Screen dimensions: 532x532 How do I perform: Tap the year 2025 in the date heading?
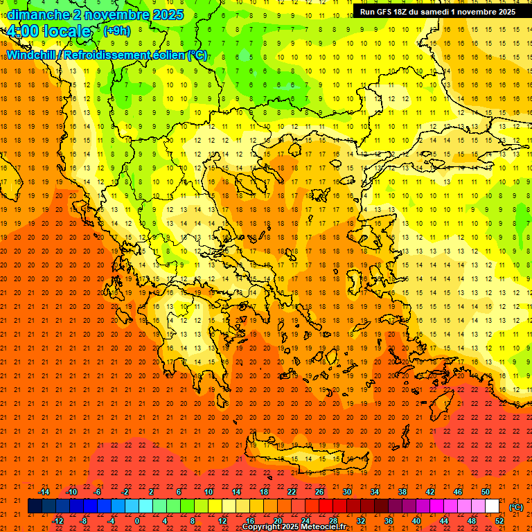[x=168, y=15]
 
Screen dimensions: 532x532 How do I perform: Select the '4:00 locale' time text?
[x=49, y=31]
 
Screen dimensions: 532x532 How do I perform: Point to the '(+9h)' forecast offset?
[x=116, y=31]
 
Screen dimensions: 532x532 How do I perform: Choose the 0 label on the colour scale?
[x=136, y=521]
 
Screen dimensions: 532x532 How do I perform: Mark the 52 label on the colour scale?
[x=499, y=521]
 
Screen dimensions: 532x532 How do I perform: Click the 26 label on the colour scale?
[x=319, y=492]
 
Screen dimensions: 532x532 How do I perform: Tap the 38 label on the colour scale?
[x=402, y=492]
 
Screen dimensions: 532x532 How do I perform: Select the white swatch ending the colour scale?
[x=492, y=506]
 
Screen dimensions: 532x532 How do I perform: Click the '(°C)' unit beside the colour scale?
[x=516, y=506]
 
